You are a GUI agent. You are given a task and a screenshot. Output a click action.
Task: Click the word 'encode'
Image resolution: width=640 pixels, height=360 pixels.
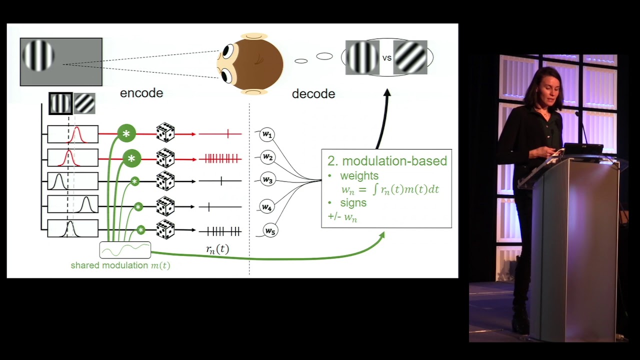pyautogui.click(x=141, y=93)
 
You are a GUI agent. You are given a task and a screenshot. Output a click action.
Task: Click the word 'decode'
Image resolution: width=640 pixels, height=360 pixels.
pyautogui.click(x=313, y=93)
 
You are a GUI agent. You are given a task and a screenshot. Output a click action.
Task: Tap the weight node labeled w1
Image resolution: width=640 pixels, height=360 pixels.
pyautogui.click(x=267, y=134)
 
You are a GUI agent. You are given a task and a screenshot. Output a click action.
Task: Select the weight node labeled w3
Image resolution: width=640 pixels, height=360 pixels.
pyautogui.click(x=268, y=180)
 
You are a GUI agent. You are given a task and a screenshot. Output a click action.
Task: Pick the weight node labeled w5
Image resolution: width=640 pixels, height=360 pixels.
pyautogui.click(x=270, y=231)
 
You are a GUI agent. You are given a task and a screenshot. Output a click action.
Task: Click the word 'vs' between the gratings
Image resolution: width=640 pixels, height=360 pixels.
pyautogui.click(x=386, y=58)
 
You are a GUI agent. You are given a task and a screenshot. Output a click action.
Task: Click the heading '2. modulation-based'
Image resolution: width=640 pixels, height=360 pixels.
pyautogui.click(x=387, y=161)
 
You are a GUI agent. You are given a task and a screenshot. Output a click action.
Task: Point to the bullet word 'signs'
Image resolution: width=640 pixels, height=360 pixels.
pyautogui.click(x=353, y=202)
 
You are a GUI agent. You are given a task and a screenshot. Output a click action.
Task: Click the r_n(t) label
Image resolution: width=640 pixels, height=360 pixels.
pyautogui.click(x=217, y=249)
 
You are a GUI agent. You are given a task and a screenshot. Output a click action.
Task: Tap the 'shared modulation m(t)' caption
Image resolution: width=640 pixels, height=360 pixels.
pyautogui.click(x=120, y=265)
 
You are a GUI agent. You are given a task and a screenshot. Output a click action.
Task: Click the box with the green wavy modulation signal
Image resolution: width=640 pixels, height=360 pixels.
pyautogui.click(x=125, y=249)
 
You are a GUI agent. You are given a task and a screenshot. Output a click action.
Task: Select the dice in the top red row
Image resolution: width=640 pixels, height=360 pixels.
pyautogui.click(x=165, y=133)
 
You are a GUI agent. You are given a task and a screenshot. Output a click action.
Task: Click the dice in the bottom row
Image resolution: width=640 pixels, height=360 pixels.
pyautogui.click(x=165, y=230)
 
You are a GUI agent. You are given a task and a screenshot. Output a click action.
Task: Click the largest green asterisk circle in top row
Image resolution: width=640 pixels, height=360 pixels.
pyautogui.click(x=126, y=133)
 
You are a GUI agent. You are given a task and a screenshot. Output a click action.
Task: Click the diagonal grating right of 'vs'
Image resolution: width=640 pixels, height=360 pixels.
pyautogui.click(x=410, y=57)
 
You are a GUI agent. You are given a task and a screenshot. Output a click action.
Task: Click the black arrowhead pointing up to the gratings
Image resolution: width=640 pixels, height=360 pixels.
pyautogui.click(x=386, y=93)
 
